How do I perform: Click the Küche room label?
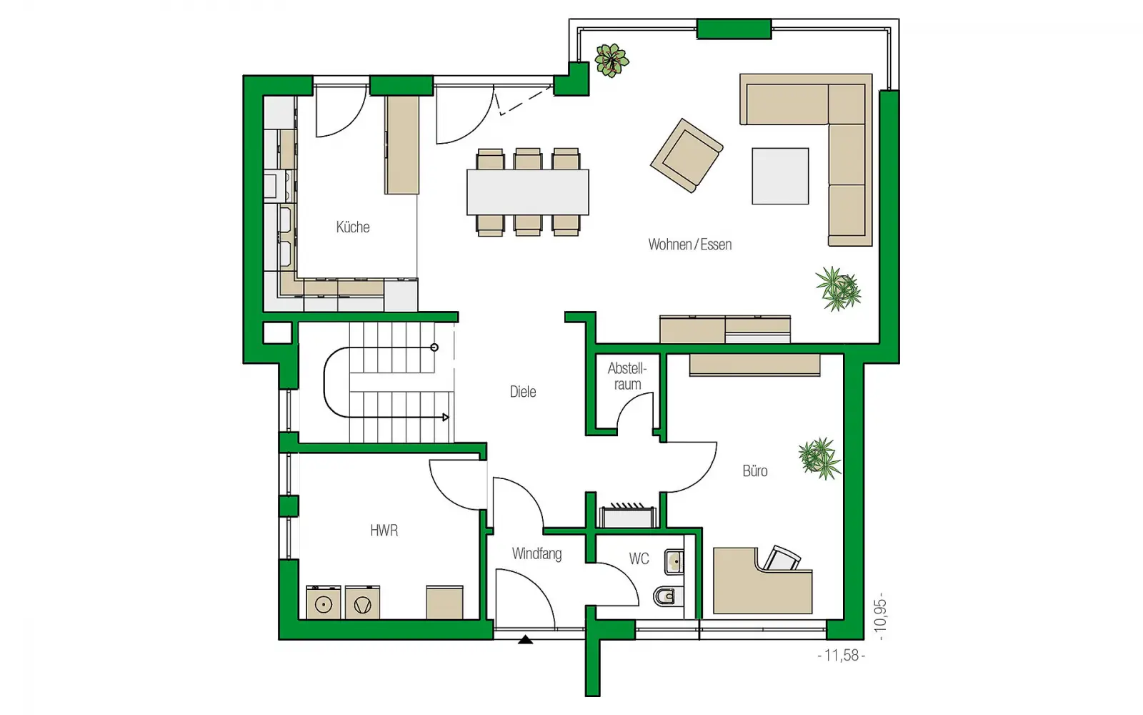tap(353, 227)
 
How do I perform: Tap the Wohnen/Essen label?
tap(690, 245)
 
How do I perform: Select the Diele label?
tap(522, 392)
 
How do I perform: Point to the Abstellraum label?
tap(627, 376)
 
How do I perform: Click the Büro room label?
tap(754, 470)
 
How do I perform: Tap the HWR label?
tap(384, 531)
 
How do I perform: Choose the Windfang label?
tap(536, 553)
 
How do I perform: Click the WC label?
tap(639, 558)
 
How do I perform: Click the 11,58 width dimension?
tap(841, 655)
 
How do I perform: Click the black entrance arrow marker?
tap(525, 639)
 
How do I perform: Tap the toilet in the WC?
tap(669, 596)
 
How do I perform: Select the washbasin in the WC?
tap(674, 562)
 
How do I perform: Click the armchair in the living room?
tap(687, 155)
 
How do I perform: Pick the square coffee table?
tap(780, 176)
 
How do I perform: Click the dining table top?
tap(528, 192)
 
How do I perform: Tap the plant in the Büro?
tap(819, 458)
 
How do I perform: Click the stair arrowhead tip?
tap(449, 418)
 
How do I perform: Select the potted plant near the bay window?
tap(612, 60)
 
